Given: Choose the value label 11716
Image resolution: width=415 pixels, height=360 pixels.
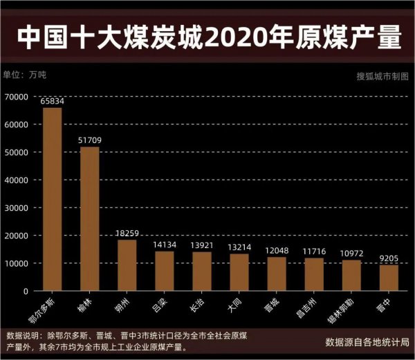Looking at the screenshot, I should tap(314, 252).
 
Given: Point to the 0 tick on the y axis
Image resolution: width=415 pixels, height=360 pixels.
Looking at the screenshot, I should tap(25, 291).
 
